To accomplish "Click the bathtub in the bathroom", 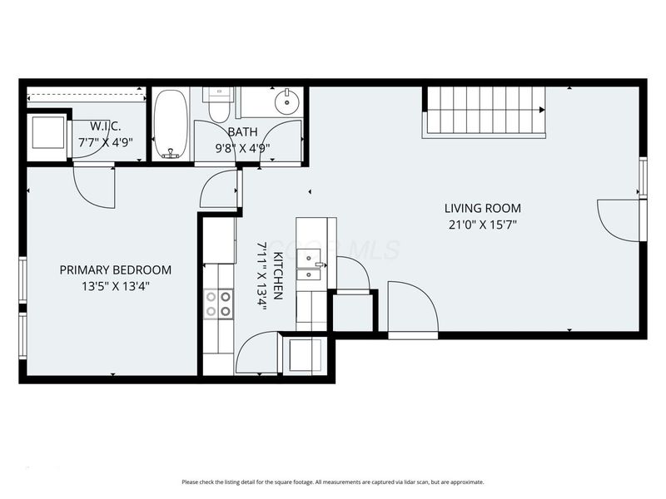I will [x=171, y=124].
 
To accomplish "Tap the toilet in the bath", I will [x=219, y=108].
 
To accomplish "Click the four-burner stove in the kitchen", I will [x=219, y=304].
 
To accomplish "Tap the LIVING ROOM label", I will [x=482, y=208].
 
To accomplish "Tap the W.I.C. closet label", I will [x=106, y=126].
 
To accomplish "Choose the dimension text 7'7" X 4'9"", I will [x=106, y=141].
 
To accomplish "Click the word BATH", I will [x=242, y=131].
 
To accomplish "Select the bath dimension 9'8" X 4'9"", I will [x=242, y=146].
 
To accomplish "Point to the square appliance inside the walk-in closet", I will [x=46, y=134].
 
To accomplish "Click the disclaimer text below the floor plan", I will [x=332, y=482].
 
